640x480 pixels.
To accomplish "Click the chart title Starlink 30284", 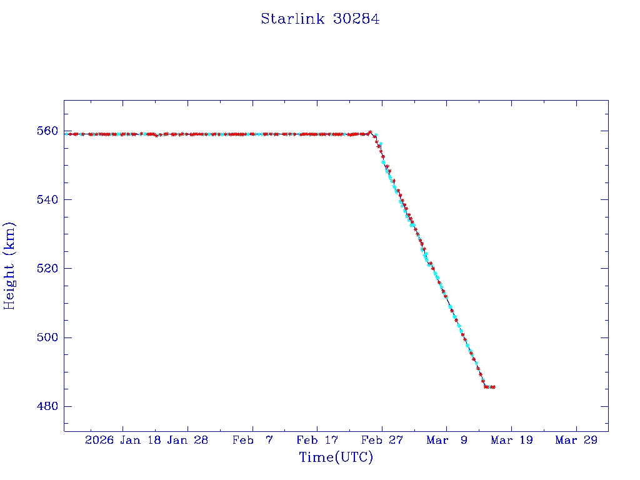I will point(320,19).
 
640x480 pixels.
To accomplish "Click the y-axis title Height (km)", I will point(10,265).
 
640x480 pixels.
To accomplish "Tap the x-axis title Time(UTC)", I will point(336,457).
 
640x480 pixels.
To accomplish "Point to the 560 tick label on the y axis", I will point(47,131).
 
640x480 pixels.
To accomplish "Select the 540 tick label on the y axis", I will point(47,200).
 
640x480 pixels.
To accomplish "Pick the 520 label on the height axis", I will point(47,269).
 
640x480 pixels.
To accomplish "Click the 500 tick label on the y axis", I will point(47,337).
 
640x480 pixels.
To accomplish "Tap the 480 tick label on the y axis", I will point(47,406).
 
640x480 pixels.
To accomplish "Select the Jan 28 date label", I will point(187,440).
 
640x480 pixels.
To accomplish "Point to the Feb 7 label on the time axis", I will point(252,440).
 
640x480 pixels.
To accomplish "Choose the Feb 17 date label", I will point(317,440).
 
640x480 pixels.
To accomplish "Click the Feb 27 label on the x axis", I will point(382,440).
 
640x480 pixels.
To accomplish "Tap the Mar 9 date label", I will point(446,440).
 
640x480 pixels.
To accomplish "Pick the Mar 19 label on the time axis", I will point(511,440).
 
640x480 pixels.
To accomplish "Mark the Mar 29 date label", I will point(576,440).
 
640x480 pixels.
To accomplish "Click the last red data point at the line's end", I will point(494,387).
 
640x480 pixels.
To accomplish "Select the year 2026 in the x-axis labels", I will point(99,440).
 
